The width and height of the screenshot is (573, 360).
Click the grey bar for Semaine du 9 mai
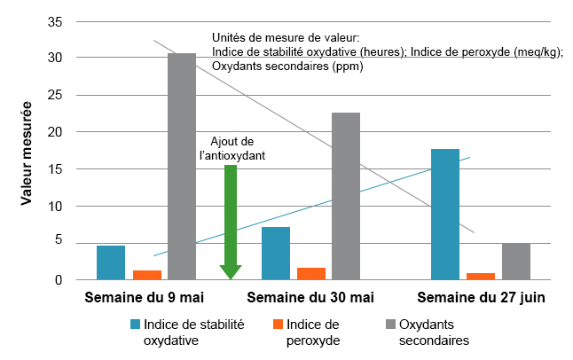182,166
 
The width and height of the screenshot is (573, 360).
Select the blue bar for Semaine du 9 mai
111,262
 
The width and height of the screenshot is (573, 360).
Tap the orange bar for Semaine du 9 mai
147,275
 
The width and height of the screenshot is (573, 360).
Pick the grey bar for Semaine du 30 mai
346,196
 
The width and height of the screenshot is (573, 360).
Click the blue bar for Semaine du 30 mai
276,253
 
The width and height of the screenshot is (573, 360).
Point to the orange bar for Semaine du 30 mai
311,273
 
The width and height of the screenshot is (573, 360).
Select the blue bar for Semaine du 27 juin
445,214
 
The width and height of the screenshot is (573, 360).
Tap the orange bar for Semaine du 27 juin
480,276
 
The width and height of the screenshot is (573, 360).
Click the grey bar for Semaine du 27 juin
515,262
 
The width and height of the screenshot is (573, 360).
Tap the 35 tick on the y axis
55,20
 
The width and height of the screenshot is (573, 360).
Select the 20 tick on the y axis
55,131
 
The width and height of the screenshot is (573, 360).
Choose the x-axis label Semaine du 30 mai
310,296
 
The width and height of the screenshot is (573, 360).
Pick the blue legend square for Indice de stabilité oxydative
136,324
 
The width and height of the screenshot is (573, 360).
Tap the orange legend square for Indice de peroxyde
279,324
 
